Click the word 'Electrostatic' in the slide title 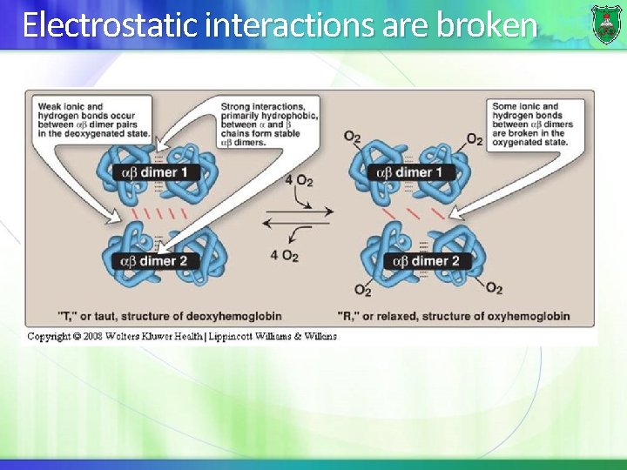(x=110, y=26)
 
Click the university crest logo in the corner (x=606, y=23)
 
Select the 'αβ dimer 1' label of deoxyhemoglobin (x=153, y=173)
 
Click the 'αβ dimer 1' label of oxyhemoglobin (x=408, y=173)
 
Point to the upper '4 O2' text (x=299, y=180)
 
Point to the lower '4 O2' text (x=285, y=256)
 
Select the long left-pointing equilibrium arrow (x=297, y=224)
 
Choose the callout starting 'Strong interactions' (x=269, y=122)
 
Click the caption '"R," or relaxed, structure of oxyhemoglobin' (x=454, y=315)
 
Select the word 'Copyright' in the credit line (x=50, y=336)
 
